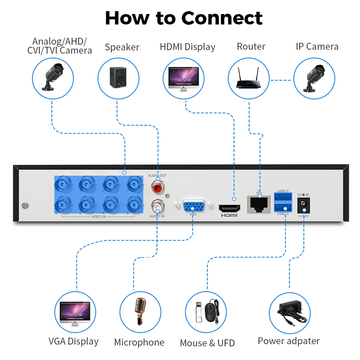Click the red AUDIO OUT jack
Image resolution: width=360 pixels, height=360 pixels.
coord(157,188)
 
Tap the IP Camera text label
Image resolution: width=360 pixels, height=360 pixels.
coord(317,46)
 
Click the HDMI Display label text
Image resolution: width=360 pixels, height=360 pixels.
coord(187,47)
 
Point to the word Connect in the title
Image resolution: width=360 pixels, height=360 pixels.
coord(222,18)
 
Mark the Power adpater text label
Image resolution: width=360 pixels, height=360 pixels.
coord(288,341)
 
